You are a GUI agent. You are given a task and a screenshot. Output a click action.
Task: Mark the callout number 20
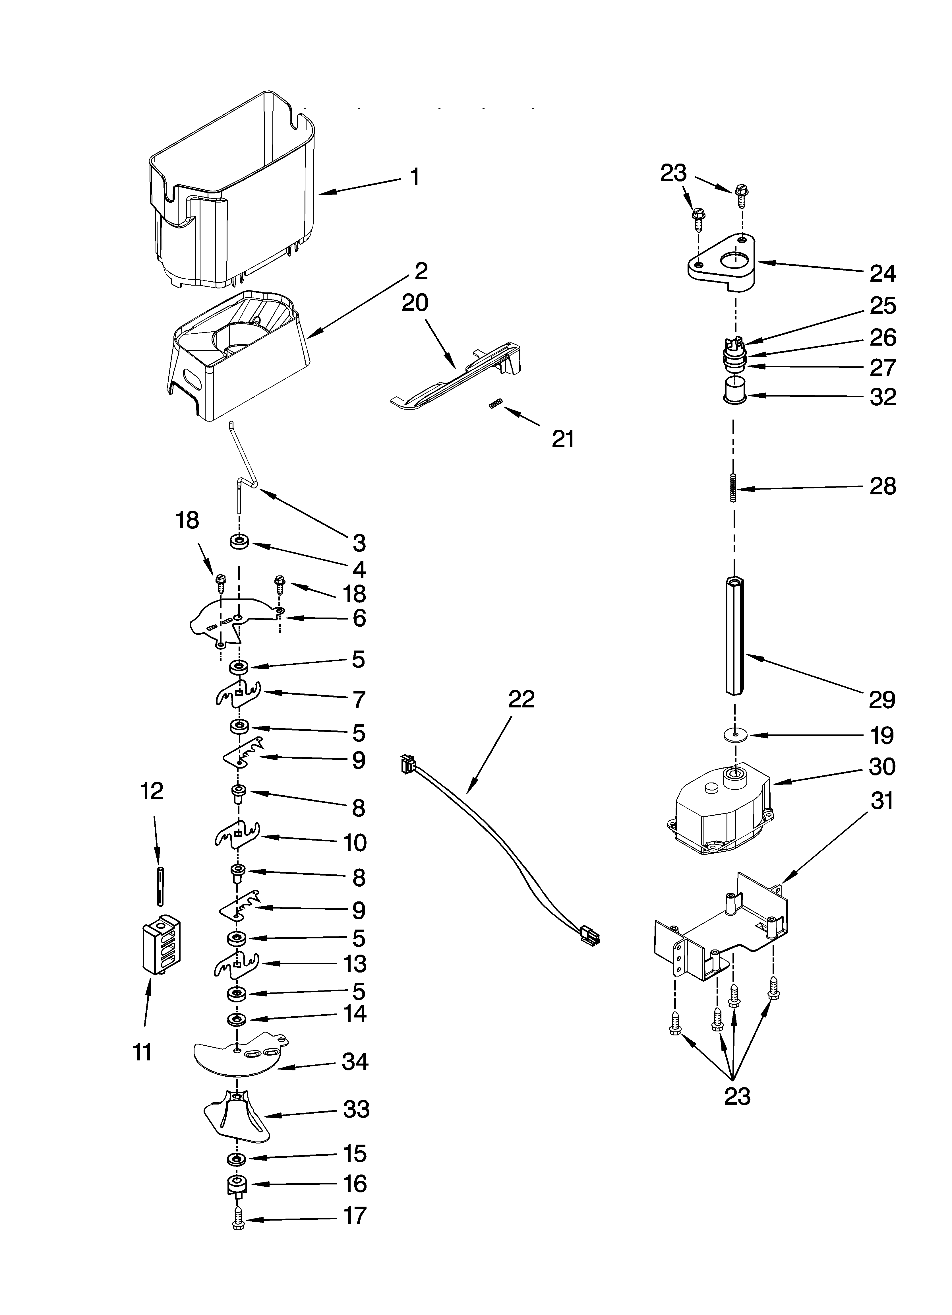(415, 303)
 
